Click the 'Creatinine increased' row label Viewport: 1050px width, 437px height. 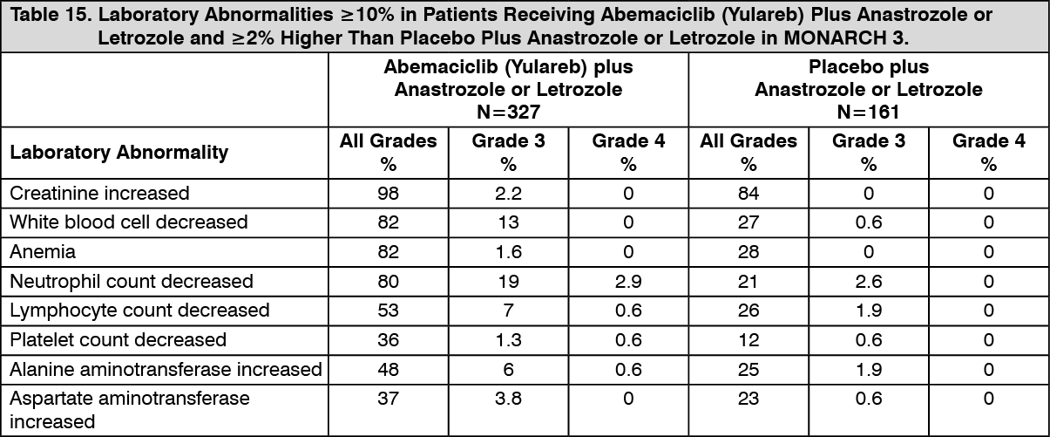99,193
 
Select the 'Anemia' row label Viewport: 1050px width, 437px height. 43,251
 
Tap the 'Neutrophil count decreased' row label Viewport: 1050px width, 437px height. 132,281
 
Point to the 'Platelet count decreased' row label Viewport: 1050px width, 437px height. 118,339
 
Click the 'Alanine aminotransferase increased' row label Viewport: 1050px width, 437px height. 166,369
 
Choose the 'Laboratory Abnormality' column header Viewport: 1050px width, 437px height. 119,153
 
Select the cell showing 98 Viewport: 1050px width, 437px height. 388,193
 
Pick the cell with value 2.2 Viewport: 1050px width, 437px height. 508,193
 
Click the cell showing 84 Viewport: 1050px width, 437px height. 748,193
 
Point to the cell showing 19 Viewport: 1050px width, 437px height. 508,281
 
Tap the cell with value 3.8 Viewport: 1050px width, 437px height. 508,399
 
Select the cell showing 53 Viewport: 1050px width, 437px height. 388,311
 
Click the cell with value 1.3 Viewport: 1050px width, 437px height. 508,339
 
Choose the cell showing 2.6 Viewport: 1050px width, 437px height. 868,281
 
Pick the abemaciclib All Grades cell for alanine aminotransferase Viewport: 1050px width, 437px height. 388,369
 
